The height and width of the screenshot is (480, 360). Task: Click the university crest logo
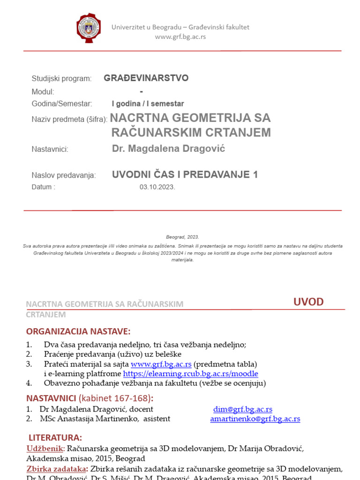89,28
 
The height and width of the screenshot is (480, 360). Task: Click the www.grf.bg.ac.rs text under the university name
180,37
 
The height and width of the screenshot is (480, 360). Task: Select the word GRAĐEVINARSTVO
146,78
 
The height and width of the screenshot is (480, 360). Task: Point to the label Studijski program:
61,79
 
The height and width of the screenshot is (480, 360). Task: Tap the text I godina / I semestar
148,104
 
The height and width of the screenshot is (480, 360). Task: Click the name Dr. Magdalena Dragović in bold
168,149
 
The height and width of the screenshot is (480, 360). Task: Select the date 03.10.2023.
157,187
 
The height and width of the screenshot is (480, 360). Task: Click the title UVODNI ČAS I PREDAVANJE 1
185,175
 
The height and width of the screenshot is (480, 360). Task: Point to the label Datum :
43,187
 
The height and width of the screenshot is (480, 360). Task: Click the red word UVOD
308,301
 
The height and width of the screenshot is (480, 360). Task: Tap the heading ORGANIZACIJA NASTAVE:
78,331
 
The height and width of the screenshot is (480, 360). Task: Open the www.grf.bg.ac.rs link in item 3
161,364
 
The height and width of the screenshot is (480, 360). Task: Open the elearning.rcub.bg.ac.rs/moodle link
190,374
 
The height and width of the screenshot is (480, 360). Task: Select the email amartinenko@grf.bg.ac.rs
255,419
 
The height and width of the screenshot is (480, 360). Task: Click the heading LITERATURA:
55,438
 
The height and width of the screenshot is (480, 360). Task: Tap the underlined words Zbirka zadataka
56,469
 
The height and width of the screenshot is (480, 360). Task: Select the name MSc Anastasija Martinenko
89,419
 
